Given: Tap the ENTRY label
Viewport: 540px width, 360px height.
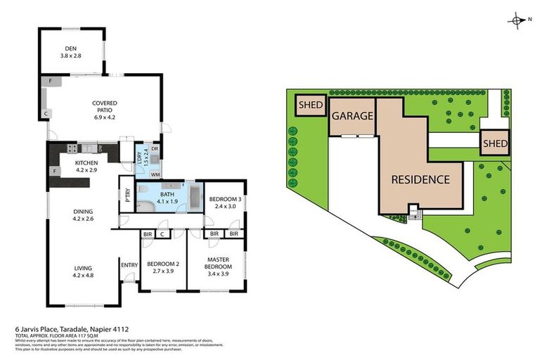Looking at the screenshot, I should pos(129,265).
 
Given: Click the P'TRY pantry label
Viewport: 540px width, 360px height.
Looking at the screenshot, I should pos(127,195).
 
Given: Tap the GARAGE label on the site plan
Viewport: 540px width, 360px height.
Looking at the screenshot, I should pos(352,116).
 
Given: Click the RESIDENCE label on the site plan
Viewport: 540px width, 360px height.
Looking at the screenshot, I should pos(420,179).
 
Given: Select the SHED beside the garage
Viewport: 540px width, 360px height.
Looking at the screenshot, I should pos(310,105).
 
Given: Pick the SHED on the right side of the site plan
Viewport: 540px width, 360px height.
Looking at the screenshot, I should pos(494,143).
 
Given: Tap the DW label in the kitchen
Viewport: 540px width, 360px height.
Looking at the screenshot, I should pos(101,148).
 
